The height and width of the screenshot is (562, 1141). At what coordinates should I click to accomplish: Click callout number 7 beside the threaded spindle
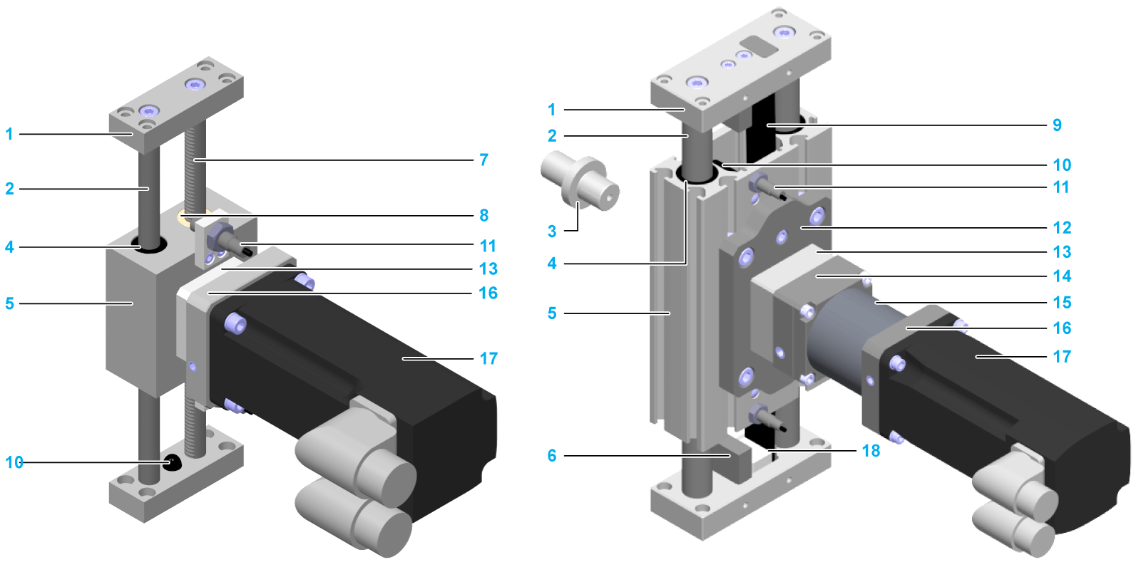483,160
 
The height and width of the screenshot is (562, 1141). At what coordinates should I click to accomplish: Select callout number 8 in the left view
483,215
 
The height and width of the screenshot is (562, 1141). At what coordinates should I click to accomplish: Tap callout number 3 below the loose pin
552,231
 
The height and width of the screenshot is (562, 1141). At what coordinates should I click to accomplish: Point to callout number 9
1057,125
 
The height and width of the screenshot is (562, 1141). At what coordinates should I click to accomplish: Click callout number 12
1062,228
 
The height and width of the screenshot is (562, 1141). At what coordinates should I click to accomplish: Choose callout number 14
1062,276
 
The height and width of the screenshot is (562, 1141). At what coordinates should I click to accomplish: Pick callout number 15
1062,303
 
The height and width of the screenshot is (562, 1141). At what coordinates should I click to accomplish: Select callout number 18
871,451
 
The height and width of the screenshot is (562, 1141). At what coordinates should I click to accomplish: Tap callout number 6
552,456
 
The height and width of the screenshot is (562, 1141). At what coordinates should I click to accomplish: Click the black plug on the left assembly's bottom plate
172,462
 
